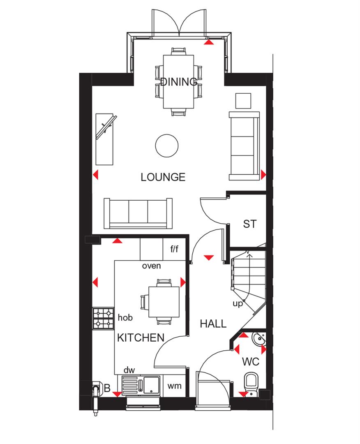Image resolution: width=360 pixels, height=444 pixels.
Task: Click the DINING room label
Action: tap(178, 81)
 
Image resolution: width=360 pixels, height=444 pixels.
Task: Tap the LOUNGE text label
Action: tap(163, 177)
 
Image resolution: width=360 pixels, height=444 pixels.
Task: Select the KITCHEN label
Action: tap(141, 338)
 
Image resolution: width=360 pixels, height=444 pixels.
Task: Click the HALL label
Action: tap(213, 324)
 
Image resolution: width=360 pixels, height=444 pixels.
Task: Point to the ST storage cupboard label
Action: tap(249, 224)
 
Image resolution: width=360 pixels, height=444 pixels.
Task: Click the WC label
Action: tap(250, 362)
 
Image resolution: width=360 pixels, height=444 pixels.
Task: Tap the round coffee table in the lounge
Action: tap(167, 145)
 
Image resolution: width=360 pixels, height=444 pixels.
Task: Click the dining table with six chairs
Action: tap(178, 82)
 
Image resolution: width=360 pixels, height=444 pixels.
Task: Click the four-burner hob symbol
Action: tap(103, 318)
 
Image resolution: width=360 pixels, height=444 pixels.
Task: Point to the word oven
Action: tap(151, 266)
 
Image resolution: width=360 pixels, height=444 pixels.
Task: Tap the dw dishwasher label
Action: tap(129, 370)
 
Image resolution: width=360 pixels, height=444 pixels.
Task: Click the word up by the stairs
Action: tap(238, 304)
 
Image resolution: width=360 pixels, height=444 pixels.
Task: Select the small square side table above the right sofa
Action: tap(243, 100)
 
